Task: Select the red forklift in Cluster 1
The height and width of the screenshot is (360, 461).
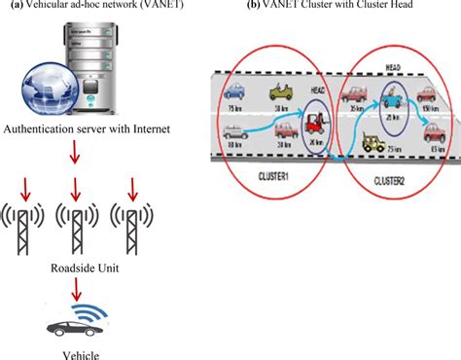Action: point(313,124)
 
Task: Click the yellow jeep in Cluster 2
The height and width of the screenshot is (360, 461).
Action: point(374,143)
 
